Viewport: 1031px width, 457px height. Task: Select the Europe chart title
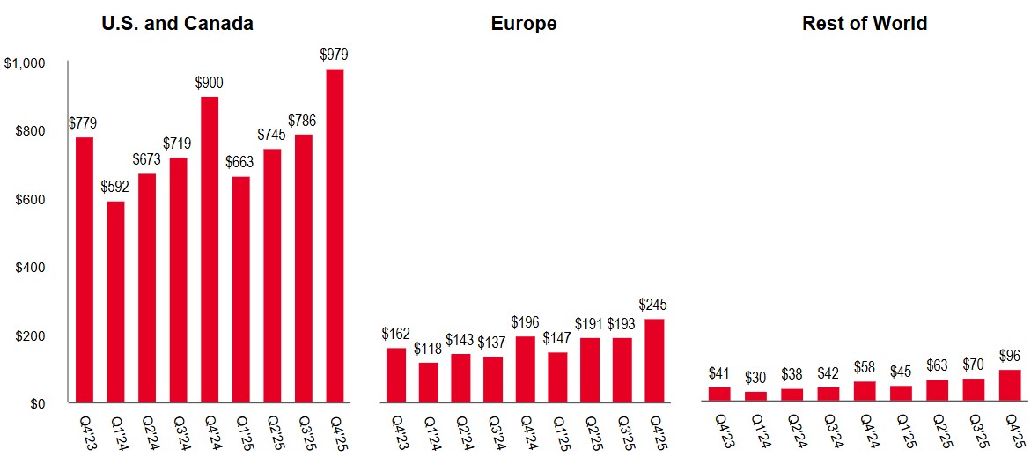(524, 24)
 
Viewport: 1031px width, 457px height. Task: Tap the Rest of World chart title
(865, 24)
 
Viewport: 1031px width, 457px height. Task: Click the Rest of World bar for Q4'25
(1010, 387)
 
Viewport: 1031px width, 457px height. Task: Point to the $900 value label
(209, 84)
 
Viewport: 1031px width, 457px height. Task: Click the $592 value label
(116, 187)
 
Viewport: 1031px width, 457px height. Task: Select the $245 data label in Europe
(653, 305)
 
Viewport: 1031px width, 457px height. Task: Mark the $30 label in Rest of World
(755, 378)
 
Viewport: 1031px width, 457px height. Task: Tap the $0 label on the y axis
(36, 404)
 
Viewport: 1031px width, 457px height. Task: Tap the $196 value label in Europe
(525, 322)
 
